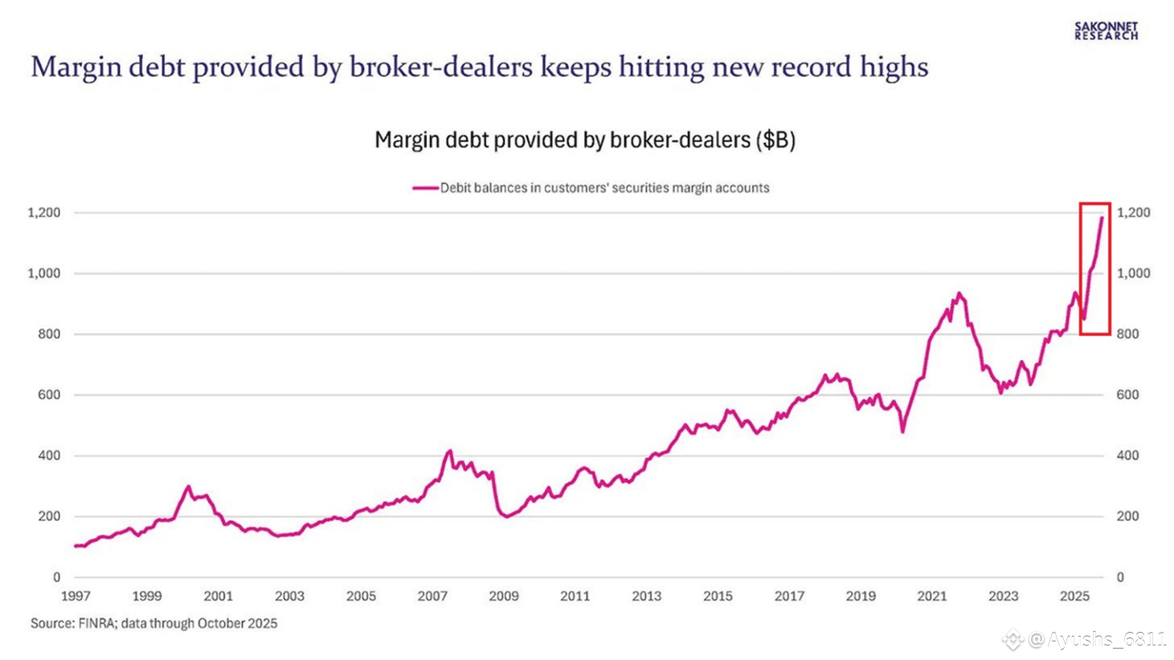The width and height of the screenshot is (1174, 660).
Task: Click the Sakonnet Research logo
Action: [1106, 31]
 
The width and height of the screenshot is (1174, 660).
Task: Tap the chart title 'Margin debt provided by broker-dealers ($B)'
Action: [585, 140]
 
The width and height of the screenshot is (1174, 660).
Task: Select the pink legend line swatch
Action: [425, 188]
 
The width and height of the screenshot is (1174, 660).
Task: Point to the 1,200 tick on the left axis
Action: [44, 213]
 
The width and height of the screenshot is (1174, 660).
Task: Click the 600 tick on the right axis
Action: [1127, 395]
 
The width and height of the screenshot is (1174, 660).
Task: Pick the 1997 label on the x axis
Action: [76, 596]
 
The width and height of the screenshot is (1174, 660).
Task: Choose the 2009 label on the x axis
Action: [504, 596]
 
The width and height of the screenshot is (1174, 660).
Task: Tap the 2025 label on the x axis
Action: [1074, 596]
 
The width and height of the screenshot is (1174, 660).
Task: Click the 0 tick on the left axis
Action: [56, 577]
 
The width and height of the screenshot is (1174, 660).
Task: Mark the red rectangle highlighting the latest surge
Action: [1094, 269]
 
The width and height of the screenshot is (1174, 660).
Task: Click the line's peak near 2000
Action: [189, 486]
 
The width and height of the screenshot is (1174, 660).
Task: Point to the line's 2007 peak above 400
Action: [450, 451]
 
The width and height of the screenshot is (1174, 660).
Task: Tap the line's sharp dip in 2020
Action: [902, 432]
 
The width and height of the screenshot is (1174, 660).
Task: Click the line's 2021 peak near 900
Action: [959, 293]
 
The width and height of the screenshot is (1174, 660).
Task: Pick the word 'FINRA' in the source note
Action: [98, 623]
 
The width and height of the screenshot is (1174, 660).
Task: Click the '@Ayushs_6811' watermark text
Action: [1097, 640]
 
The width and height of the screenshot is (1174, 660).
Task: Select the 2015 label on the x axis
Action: [718, 596]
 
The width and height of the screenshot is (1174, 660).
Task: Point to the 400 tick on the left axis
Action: [49, 456]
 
